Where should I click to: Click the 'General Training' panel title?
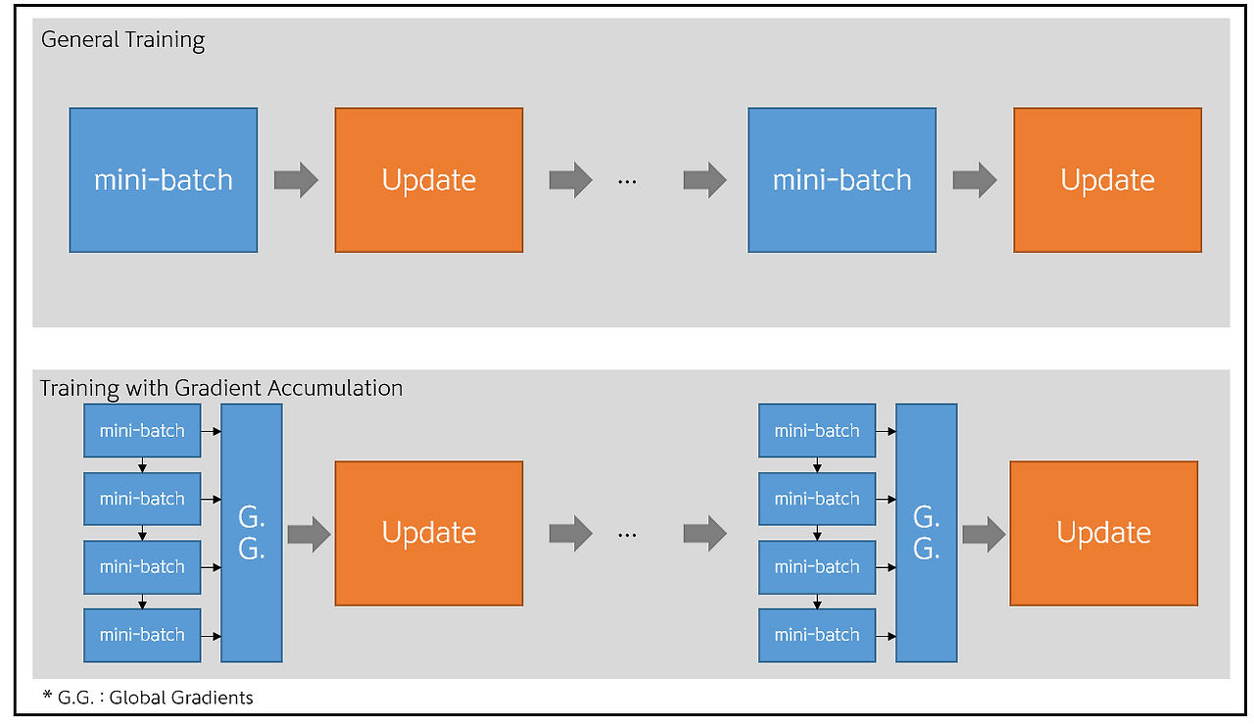pos(122,40)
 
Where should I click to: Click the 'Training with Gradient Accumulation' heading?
pos(221,388)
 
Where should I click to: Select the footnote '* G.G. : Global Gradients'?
pos(148,698)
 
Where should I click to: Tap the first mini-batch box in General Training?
pos(163,180)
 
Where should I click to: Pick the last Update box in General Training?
pos(1107,180)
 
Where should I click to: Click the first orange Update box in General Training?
pos(429,180)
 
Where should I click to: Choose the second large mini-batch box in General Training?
pos(842,180)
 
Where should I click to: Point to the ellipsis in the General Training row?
pos(627,181)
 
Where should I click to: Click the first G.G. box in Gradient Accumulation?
pos(252,534)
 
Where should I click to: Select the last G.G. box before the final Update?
pos(926,534)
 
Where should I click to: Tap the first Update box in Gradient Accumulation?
pos(429,533)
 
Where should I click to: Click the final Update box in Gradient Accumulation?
pos(1103,533)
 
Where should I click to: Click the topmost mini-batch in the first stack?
pos(142,431)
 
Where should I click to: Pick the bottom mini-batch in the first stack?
pos(142,635)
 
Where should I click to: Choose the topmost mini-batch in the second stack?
pos(817,431)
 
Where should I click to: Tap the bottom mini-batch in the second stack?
pos(817,635)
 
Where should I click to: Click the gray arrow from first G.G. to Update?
pos(309,534)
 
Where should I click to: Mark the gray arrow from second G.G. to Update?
pos(984,534)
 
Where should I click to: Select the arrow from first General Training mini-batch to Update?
pos(296,180)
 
